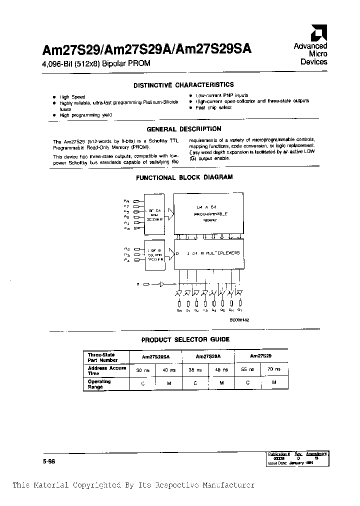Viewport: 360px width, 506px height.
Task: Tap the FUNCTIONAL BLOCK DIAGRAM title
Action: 184,177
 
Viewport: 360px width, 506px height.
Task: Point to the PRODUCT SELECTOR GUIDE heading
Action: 185,339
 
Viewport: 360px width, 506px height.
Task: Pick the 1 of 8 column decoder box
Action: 154,255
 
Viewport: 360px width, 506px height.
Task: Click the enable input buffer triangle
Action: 161,284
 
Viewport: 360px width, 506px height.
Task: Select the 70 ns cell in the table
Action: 273,370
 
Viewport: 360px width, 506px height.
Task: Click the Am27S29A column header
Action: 208,357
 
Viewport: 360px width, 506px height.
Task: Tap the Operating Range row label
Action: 99,384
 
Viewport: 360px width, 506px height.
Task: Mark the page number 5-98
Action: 48,462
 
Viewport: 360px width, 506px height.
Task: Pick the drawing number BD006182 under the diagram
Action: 239,319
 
